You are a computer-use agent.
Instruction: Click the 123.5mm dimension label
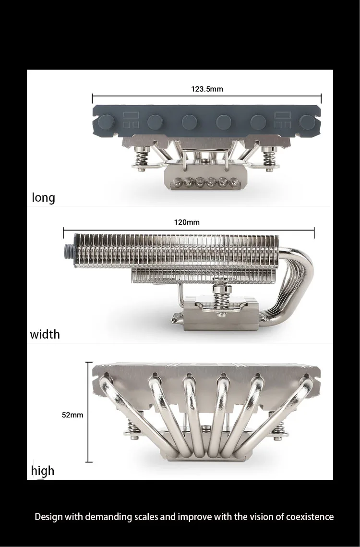[207, 89]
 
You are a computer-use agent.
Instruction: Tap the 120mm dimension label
[187, 222]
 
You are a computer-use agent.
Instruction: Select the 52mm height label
[72, 415]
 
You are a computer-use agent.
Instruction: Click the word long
[43, 198]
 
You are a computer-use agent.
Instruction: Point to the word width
[45, 334]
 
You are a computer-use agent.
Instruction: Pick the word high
[43, 471]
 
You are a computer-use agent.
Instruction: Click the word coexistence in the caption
[310, 517]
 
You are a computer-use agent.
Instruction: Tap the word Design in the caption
[48, 517]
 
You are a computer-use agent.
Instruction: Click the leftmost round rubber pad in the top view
[105, 122]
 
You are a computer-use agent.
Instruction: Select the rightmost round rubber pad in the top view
[307, 122]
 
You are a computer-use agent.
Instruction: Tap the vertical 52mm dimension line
[89, 413]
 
